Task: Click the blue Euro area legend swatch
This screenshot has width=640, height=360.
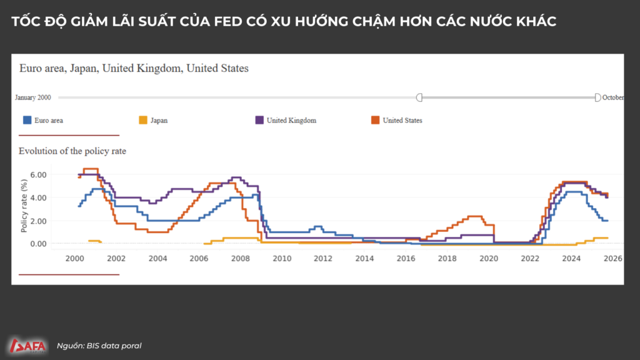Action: (x=27, y=120)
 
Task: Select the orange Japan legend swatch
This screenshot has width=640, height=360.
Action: (x=142, y=120)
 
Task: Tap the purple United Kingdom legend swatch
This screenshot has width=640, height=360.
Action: (x=259, y=120)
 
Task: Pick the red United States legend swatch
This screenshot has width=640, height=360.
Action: (x=376, y=120)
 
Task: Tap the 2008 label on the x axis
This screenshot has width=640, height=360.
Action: (x=241, y=258)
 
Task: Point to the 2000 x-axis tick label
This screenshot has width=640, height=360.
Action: (x=74, y=258)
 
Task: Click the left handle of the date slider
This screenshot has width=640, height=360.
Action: (x=419, y=97)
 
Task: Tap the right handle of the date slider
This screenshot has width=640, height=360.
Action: (x=597, y=97)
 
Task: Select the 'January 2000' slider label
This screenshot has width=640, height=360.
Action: (x=33, y=98)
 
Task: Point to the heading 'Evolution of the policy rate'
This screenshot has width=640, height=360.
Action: (x=72, y=151)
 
